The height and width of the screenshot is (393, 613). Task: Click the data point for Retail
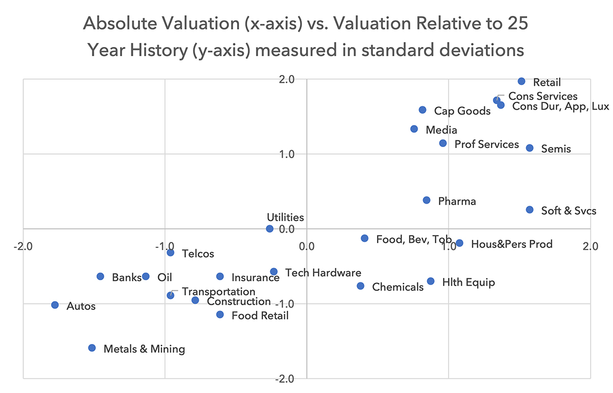(522, 81)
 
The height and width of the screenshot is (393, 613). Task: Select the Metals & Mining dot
(92, 348)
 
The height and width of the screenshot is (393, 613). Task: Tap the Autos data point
(55, 305)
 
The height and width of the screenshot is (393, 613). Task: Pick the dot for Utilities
(270, 229)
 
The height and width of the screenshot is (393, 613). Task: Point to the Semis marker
(530, 148)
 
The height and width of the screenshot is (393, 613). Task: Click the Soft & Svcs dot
(530, 210)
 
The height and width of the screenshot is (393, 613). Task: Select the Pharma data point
(427, 200)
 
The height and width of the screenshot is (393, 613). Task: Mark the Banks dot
(101, 277)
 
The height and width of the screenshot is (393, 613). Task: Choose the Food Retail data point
(220, 315)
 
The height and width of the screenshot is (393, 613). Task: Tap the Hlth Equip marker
(431, 281)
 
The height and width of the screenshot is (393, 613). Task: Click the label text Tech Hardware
(323, 273)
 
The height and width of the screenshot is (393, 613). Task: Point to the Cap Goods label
(462, 111)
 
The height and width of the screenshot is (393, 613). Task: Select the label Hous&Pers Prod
(512, 244)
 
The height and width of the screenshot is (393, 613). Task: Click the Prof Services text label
(486, 144)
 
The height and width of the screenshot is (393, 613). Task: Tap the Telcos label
(198, 254)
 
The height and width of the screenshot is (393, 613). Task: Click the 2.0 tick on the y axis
(287, 80)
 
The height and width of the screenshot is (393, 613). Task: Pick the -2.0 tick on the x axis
(23, 247)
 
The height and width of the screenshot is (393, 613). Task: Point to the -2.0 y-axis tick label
(285, 379)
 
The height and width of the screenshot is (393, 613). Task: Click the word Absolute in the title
(121, 23)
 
